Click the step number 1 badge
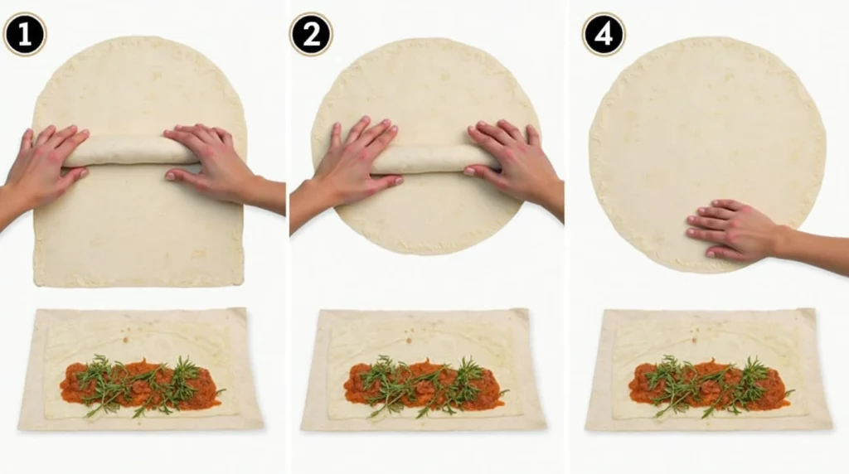(x=25, y=35)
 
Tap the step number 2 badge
(x=312, y=35)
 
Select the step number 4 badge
(x=604, y=35)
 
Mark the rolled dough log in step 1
(x=130, y=151)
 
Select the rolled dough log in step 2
(x=433, y=159)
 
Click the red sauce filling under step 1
(x=142, y=383)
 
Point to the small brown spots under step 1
(x=126, y=335)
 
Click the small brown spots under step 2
(x=410, y=336)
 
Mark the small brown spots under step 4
(x=694, y=336)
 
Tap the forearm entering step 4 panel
(x=813, y=249)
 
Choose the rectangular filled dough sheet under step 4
(x=708, y=369)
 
